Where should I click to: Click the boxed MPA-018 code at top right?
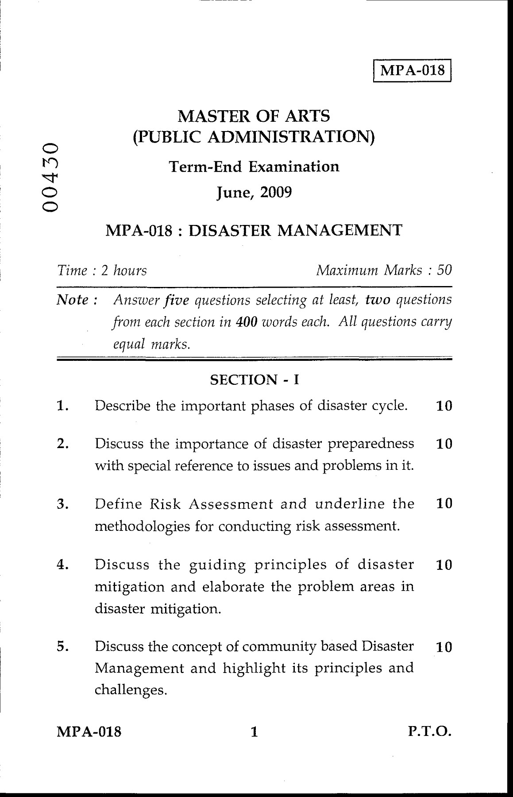[x=413, y=70]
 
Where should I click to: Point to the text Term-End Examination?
[x=255, y=166]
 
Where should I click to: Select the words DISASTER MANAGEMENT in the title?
[x=296, y=230]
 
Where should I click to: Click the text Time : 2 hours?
[x=102, y=270]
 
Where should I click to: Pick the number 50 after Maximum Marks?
[x=444, y=270]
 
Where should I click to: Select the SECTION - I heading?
[x=254, y=379]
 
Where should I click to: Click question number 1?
[x=62, y=406]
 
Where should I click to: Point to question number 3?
[x=62, y=504]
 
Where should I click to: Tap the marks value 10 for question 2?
[x=444, y=444]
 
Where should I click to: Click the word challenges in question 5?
[x=131, y=690]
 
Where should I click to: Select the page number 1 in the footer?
[x=254, y=732]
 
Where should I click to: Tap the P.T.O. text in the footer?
[x=429, y=731]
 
